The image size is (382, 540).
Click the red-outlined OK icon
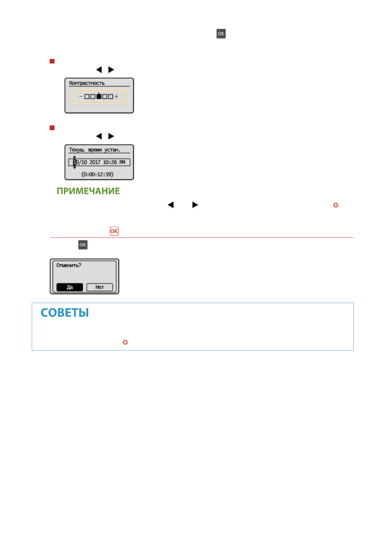click(114, 231)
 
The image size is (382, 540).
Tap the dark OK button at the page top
click(221, 34)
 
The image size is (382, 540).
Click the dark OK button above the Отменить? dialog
click(83, 245)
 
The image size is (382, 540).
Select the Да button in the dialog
click(70, 287)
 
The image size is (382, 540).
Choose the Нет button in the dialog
click(99, 287)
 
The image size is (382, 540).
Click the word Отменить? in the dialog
click(69, 266)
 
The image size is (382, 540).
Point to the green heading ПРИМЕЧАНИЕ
click(88, 191)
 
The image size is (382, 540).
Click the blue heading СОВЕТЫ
click(65, 313)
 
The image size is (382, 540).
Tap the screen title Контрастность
click(87, 83)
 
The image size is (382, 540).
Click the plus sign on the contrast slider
click(116, 96)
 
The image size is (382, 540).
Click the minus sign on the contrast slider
click(81, 96)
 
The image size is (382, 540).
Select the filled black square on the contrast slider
click(99, 96)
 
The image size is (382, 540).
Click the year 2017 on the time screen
click(95, 162)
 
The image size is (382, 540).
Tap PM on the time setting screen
click(122, 162)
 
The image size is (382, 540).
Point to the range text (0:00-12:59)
click(97, 174)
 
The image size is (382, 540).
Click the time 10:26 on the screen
click(110, 162)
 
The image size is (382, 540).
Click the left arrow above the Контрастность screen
click(99, 70)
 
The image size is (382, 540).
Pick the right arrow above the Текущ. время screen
click(111, 136)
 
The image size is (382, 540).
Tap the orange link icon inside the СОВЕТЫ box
click(125, 342)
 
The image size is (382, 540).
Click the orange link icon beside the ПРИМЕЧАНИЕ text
click(336, 205)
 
